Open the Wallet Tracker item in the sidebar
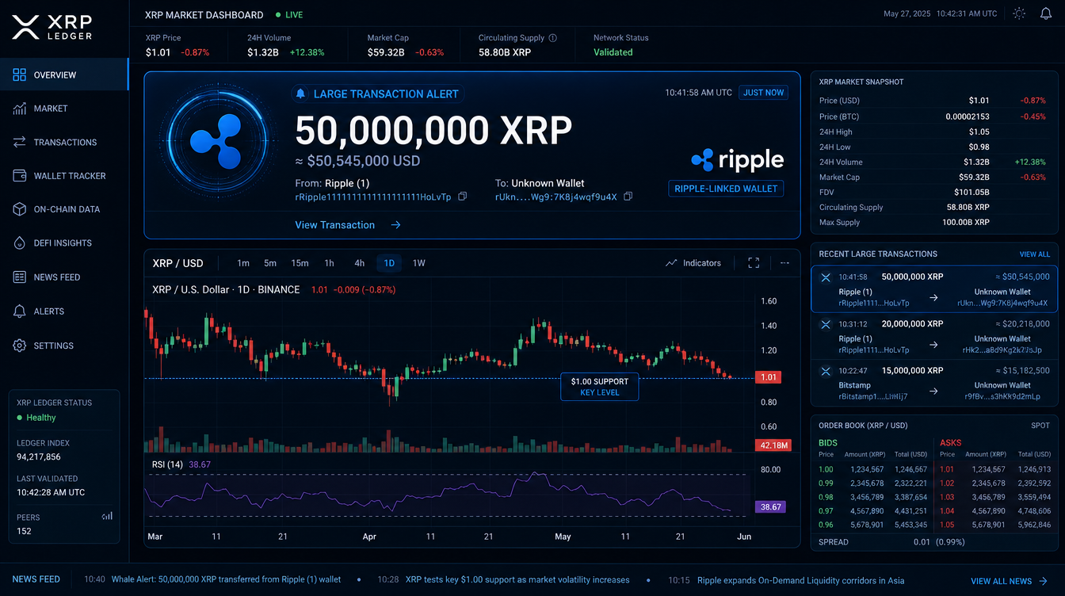click(x=59, y=176)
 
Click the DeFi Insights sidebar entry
click(x=52, y=243)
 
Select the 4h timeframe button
click(x=360, y=263)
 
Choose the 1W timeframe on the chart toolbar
click(x=419, y=263)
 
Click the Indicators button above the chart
click(x=693, y=263)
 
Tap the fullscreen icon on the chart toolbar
click(x=754, y=263)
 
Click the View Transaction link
click(x=348, y=225)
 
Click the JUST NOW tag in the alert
click(x=763, y=92)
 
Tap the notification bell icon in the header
click(x=1045, y=13)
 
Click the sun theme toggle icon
click(x=1019, y=13)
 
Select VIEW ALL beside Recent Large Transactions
click(x=1035, y=254)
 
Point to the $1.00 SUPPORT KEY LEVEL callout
click(x=600, y=387)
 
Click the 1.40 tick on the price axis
click(x=769, y=326)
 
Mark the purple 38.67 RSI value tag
click(x=770, y=507)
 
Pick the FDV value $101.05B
click(x=971, y=192)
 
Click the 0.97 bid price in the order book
click(x=826, y=511)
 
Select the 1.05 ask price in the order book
click(x=947, y=525)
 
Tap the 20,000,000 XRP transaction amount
click(x=912, y=324)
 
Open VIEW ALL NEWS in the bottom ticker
click(x=1009, y=581)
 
